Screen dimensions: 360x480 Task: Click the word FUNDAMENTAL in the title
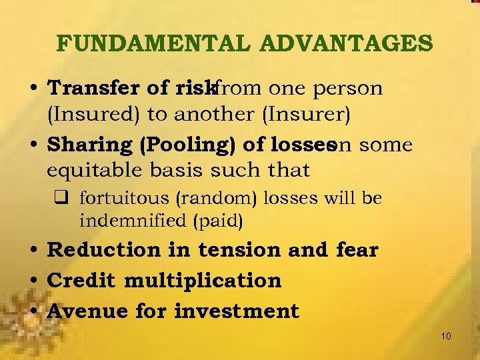153,43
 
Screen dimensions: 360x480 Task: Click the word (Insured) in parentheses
93,114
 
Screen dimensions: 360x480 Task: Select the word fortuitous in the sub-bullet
121,199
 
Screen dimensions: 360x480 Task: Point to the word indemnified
133,220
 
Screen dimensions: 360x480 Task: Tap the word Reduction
105,250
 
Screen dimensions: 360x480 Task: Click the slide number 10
446,336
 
